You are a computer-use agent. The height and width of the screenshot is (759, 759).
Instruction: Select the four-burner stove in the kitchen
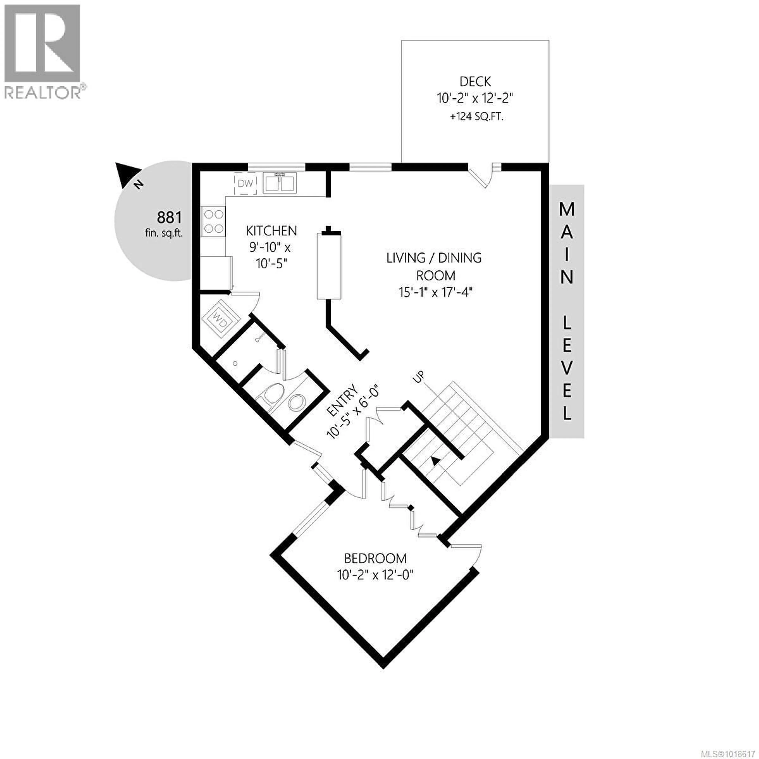point(213,222)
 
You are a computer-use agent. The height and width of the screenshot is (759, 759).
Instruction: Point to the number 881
point(169,217)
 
